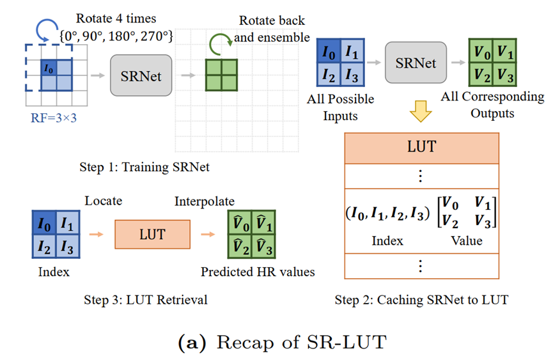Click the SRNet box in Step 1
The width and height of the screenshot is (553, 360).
tap(141, 76)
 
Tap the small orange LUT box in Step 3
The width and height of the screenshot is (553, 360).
tap(152, 235)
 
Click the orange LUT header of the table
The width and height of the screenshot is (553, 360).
tap(421, 146)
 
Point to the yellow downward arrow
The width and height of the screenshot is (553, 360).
tap(420, 111)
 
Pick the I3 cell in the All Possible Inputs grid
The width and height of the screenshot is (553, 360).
tap(352, 75)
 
